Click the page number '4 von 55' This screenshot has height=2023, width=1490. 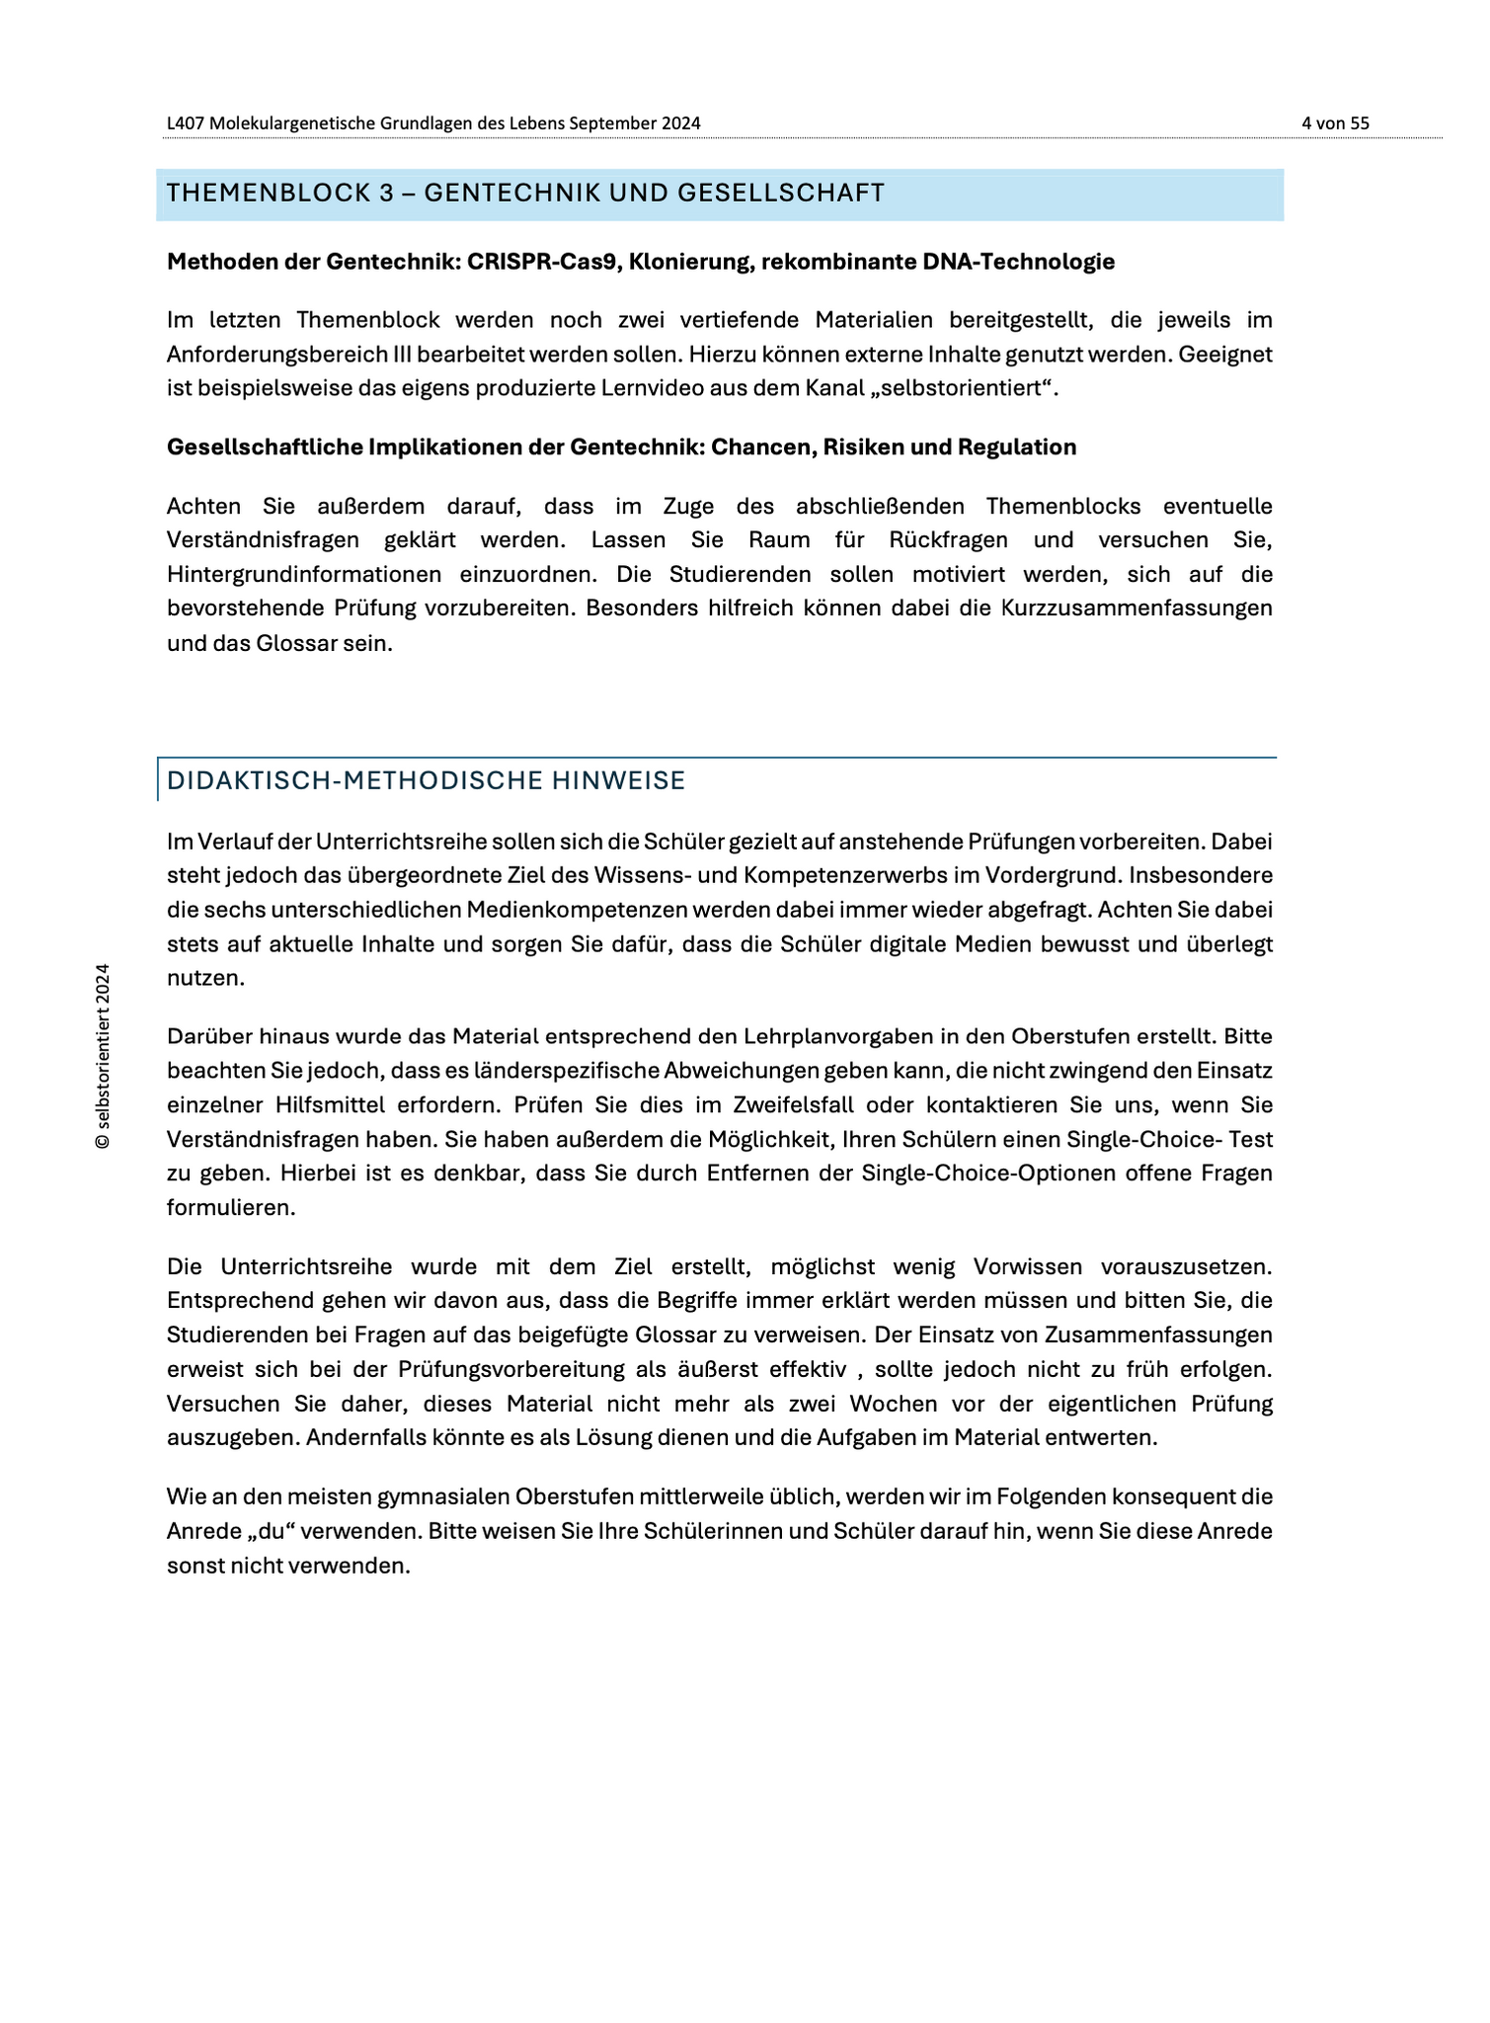pyautogui.click(x=1335, y=123)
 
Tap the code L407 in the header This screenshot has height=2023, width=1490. pyautogui.click(x=186, y=123)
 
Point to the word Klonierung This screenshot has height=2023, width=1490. pyautogui.click(x=687, y=262)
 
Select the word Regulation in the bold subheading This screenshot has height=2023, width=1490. pyautogui.click(x=1016, y=447)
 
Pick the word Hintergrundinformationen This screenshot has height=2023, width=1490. pyautogui.click(x=303, y=574)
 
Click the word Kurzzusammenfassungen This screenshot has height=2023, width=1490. pyautogui.click(x=1137, y=607)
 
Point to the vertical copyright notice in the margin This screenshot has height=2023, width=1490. pyautogui.click(x=102, y=1056)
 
